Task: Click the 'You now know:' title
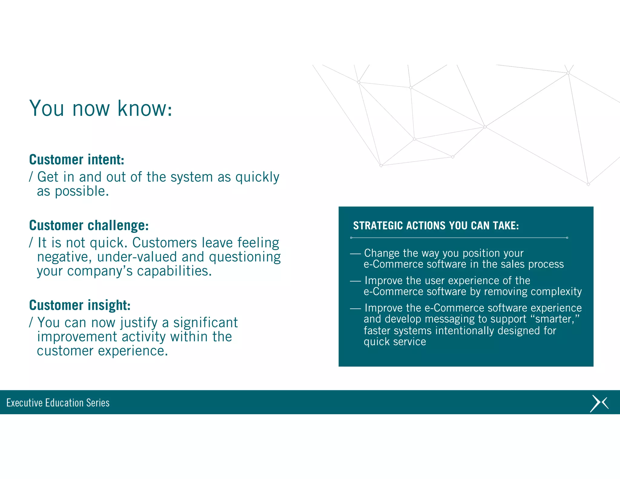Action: tap(101, 108)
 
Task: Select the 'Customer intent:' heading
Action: tap(77, 160)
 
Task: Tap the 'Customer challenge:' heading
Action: tap(89, 225)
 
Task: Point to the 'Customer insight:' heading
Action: tap(80, 305)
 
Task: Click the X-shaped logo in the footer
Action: tap(599, 403)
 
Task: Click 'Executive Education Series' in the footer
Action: tap(58, 403)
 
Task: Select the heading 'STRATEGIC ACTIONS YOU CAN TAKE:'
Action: tap(436, 226)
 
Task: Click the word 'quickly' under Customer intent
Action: tap(257, 177)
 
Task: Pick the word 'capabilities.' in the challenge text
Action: tap(174, 271)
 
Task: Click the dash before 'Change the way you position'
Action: tap(355, 254)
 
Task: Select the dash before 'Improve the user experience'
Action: tap(355, 281)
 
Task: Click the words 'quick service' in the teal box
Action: tap(394, 342)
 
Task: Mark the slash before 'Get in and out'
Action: tap(31, 177)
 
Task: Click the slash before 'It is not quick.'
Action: tap(31, 243)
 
